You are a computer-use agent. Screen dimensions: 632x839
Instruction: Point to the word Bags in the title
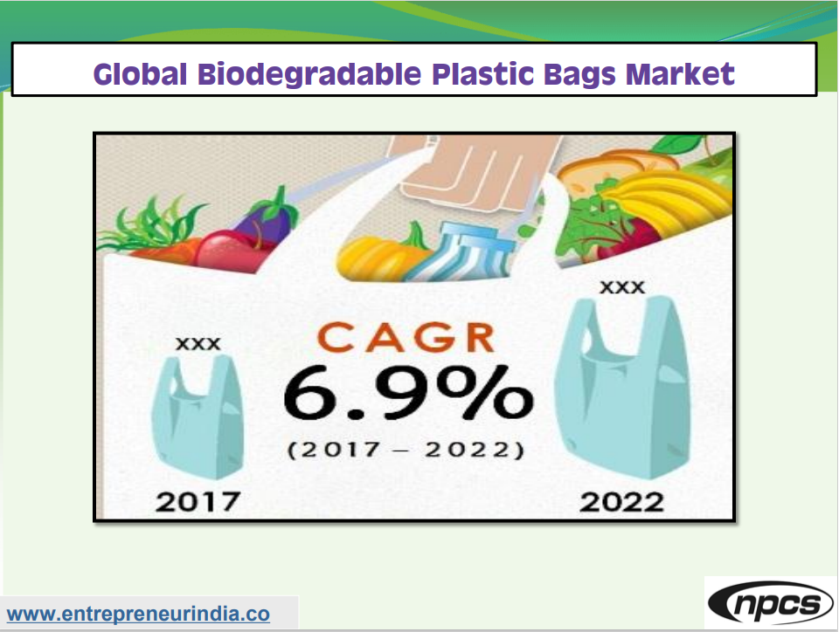click(583, 73)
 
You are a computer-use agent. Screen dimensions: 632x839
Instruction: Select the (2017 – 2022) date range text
click(406, 450)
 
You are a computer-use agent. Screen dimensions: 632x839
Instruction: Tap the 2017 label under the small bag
click(198, 502)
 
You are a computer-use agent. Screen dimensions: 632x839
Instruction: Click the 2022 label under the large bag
click(621, 502)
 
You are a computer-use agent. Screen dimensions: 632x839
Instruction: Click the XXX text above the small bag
click(198, 344)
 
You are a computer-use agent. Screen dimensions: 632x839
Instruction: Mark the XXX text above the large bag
click(622, 287)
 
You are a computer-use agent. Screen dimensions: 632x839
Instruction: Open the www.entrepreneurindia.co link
click(138, 614)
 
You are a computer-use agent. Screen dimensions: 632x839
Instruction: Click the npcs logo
click(769, 604)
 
